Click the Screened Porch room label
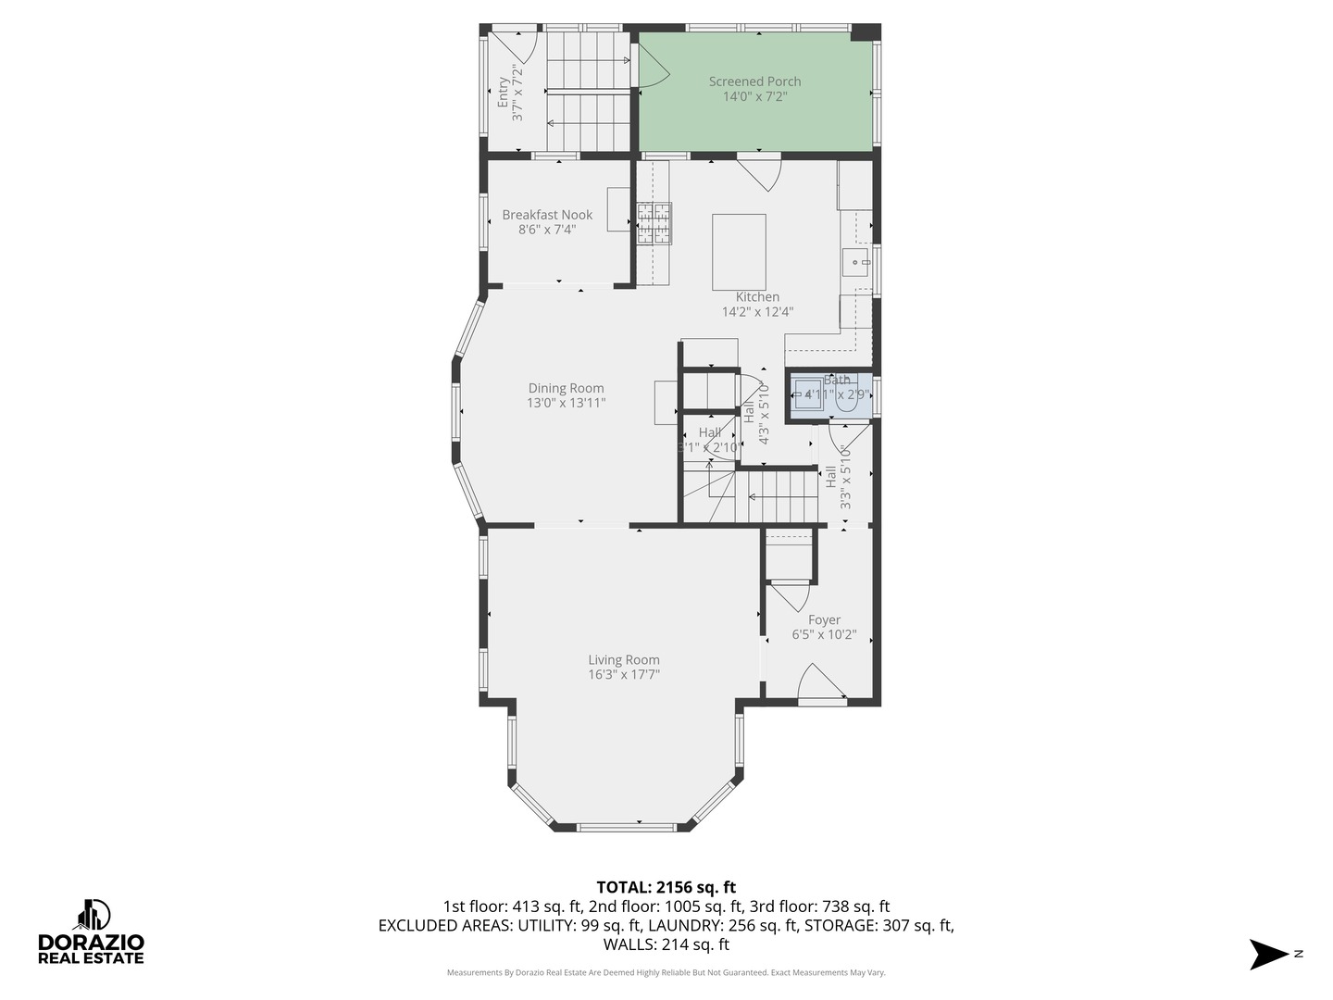(754, 81)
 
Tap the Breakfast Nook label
(547, 215)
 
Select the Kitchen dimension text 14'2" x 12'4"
(757, 312)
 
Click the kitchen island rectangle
(739, 252)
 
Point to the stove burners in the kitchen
(654, 223)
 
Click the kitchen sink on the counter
(856, 262)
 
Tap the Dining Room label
(566, 388)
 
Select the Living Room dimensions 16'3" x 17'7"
(624, 675)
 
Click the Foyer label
(824, 620)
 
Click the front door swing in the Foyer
(819, 682)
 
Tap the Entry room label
(503, 93)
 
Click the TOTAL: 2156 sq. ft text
(666, 887)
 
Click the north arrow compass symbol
(1269, 954)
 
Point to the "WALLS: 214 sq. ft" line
(666, 944)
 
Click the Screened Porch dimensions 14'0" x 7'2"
(754, 96)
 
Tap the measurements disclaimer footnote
(666, 973)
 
